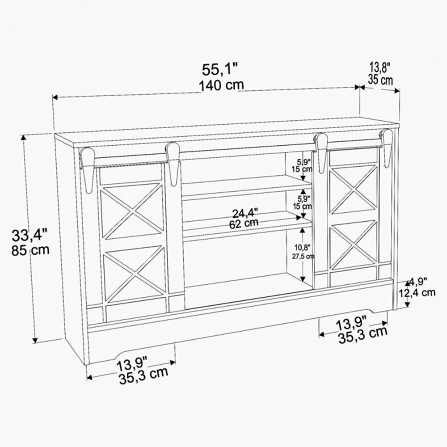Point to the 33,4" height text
(x=30, y=233)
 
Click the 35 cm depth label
(x=380, y=80)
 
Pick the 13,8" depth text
(x=380, y=68)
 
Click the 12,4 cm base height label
(x=417, y=293)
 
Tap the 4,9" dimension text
(x=417, y=282)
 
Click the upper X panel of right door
(x=353, y=190)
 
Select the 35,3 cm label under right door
(x=362, y=331)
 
